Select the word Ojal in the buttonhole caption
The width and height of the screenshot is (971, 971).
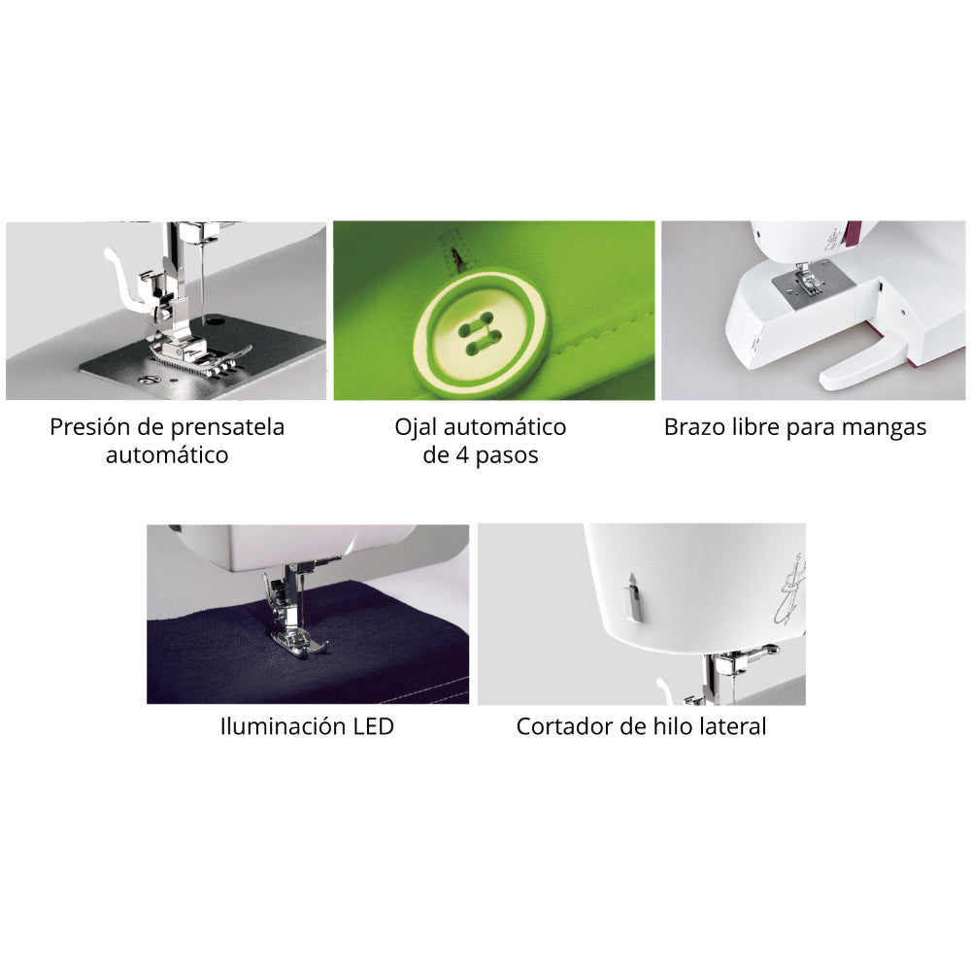(417, 428)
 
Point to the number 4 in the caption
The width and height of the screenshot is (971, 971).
(462, 455)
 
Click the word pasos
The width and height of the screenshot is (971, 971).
(507, 457)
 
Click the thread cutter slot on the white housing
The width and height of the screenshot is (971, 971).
(632, 597)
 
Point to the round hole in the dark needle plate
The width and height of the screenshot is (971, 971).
(216, 320)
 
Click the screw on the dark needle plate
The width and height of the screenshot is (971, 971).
(151, 379)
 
